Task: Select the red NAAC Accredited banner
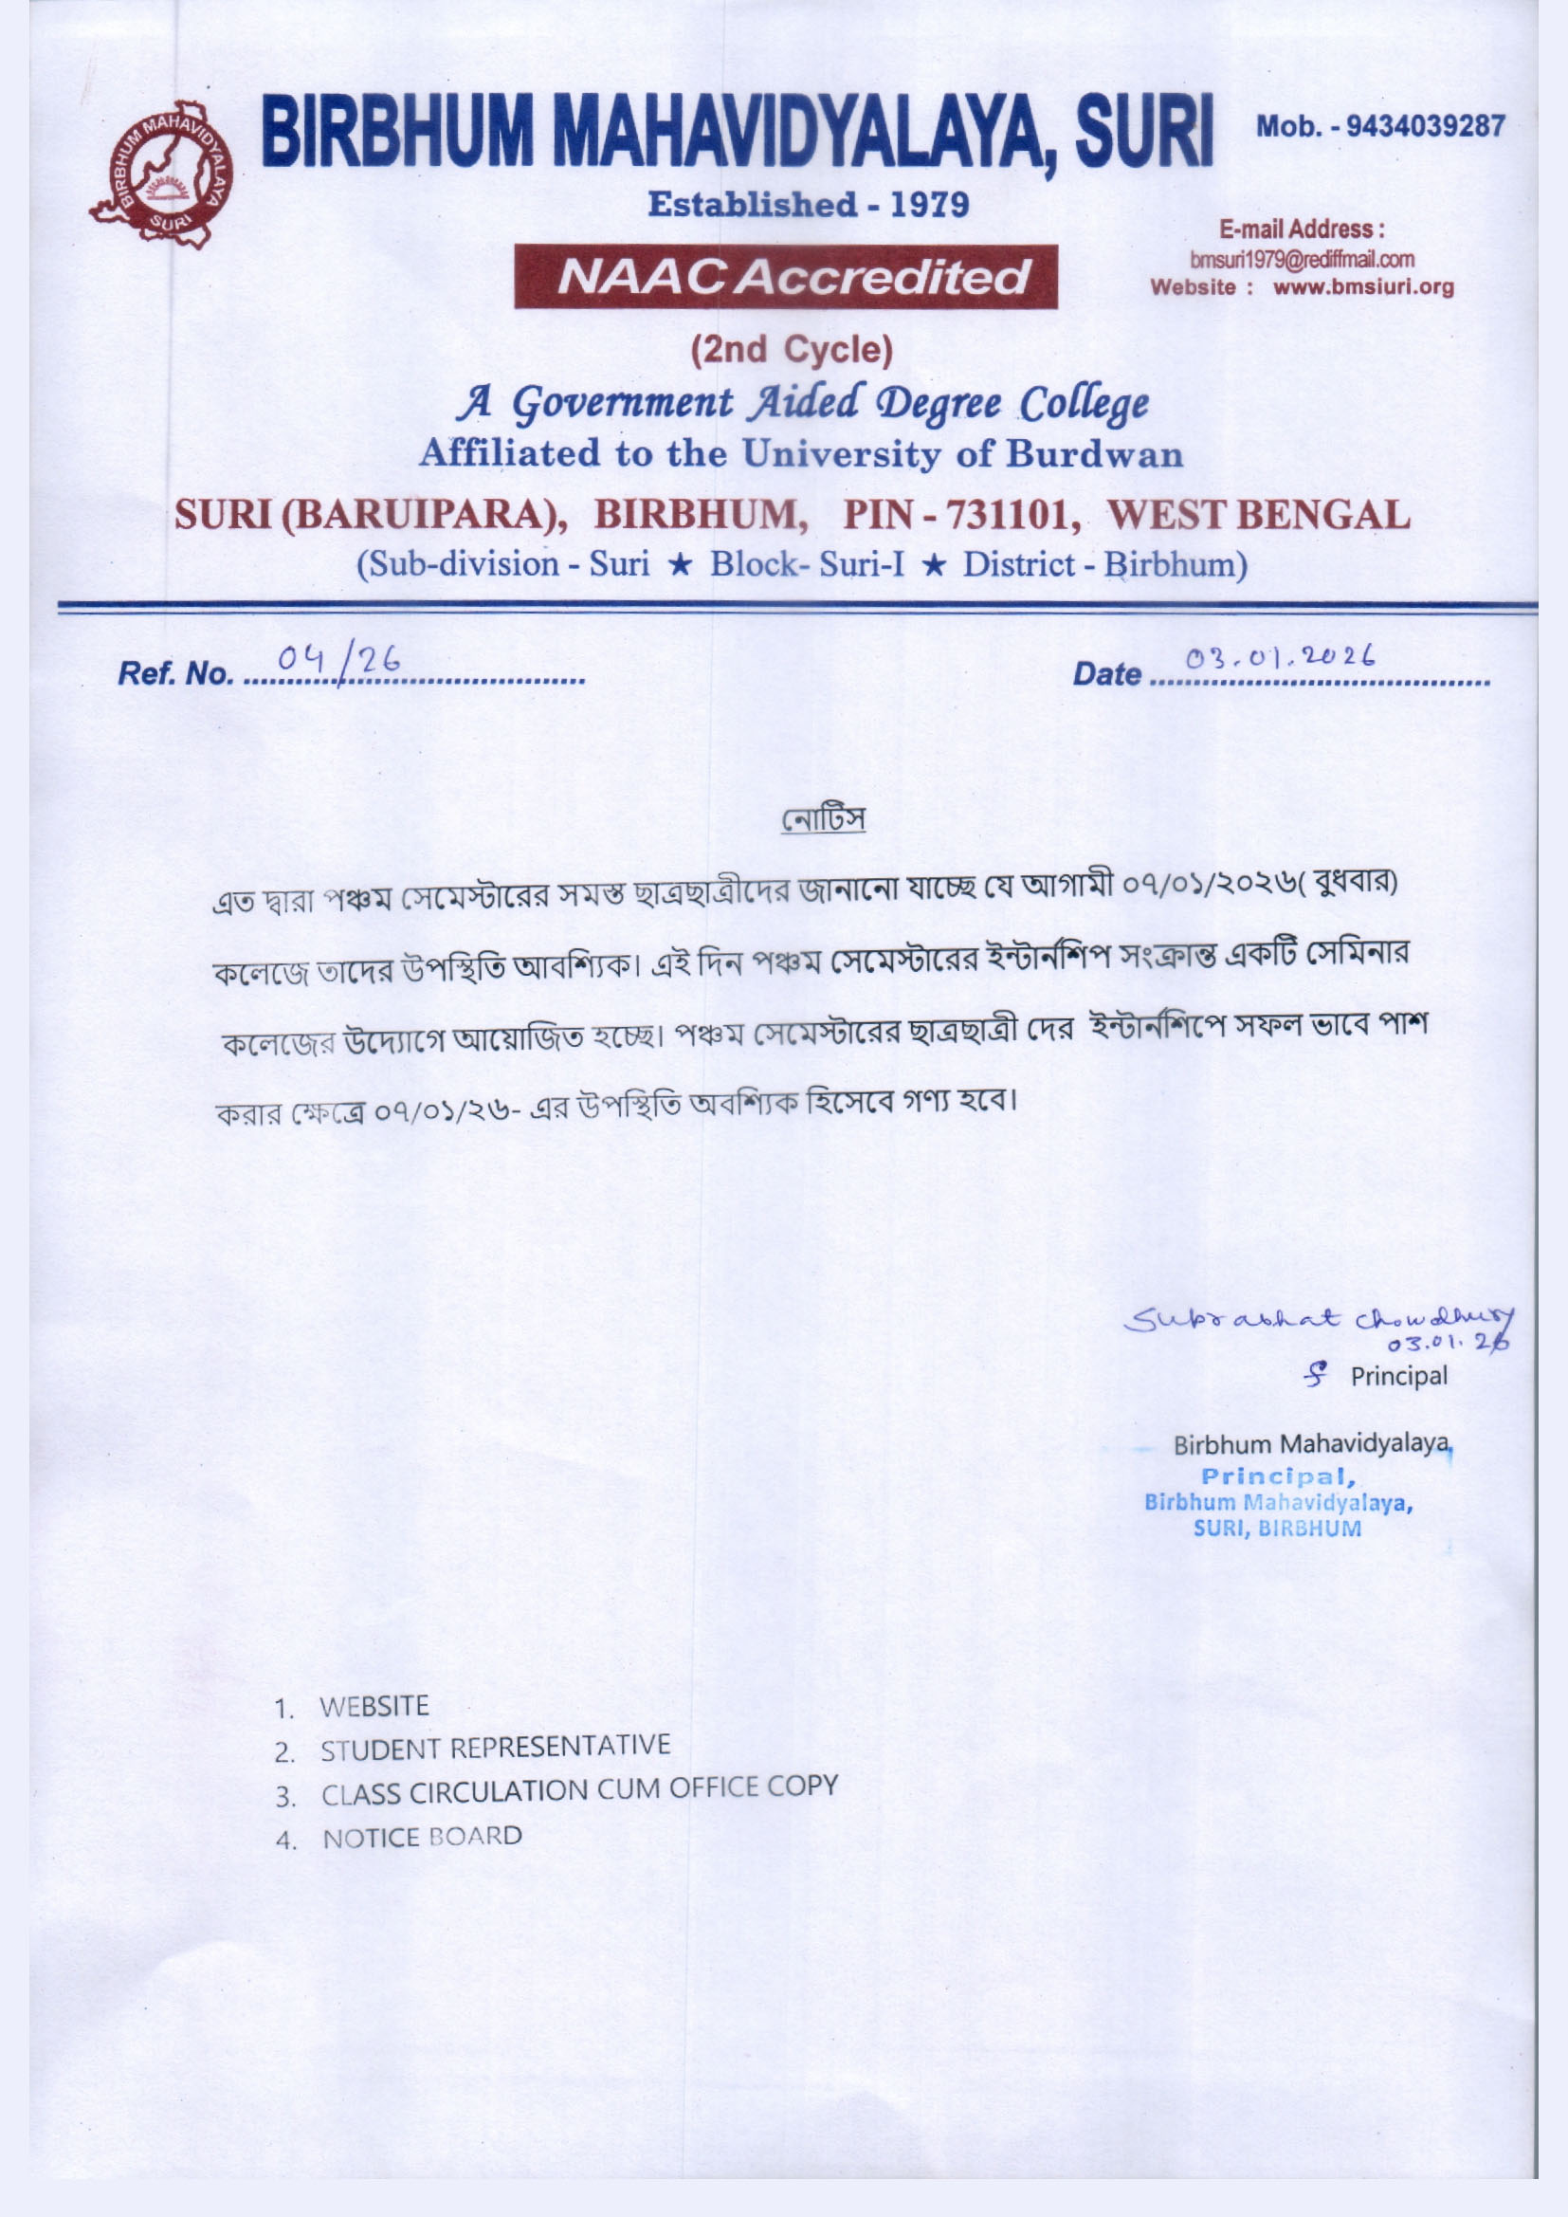click(785, 277)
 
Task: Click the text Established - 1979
click(808, 205)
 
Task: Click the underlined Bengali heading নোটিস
click(824, 820)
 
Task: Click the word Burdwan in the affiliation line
click(1094, 454)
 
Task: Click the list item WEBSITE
click(374, 1706)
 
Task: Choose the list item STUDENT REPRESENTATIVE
click(495, 1747)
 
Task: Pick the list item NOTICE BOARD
click(422, 1837)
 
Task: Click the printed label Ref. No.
click(173, 673)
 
